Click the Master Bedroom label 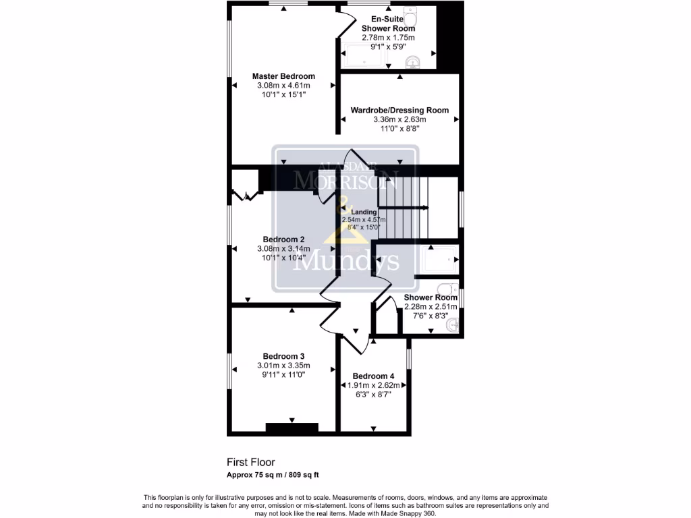click(283, 76)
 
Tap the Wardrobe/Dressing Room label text click(399, 110)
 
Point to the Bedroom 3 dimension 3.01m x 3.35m click(283, 366)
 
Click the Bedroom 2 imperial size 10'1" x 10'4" click(283, 258)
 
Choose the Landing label click(364, 212)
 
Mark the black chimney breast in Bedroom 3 click(292, 427)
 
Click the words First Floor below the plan click(250, 463)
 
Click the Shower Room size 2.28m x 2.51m click(431, 307)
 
